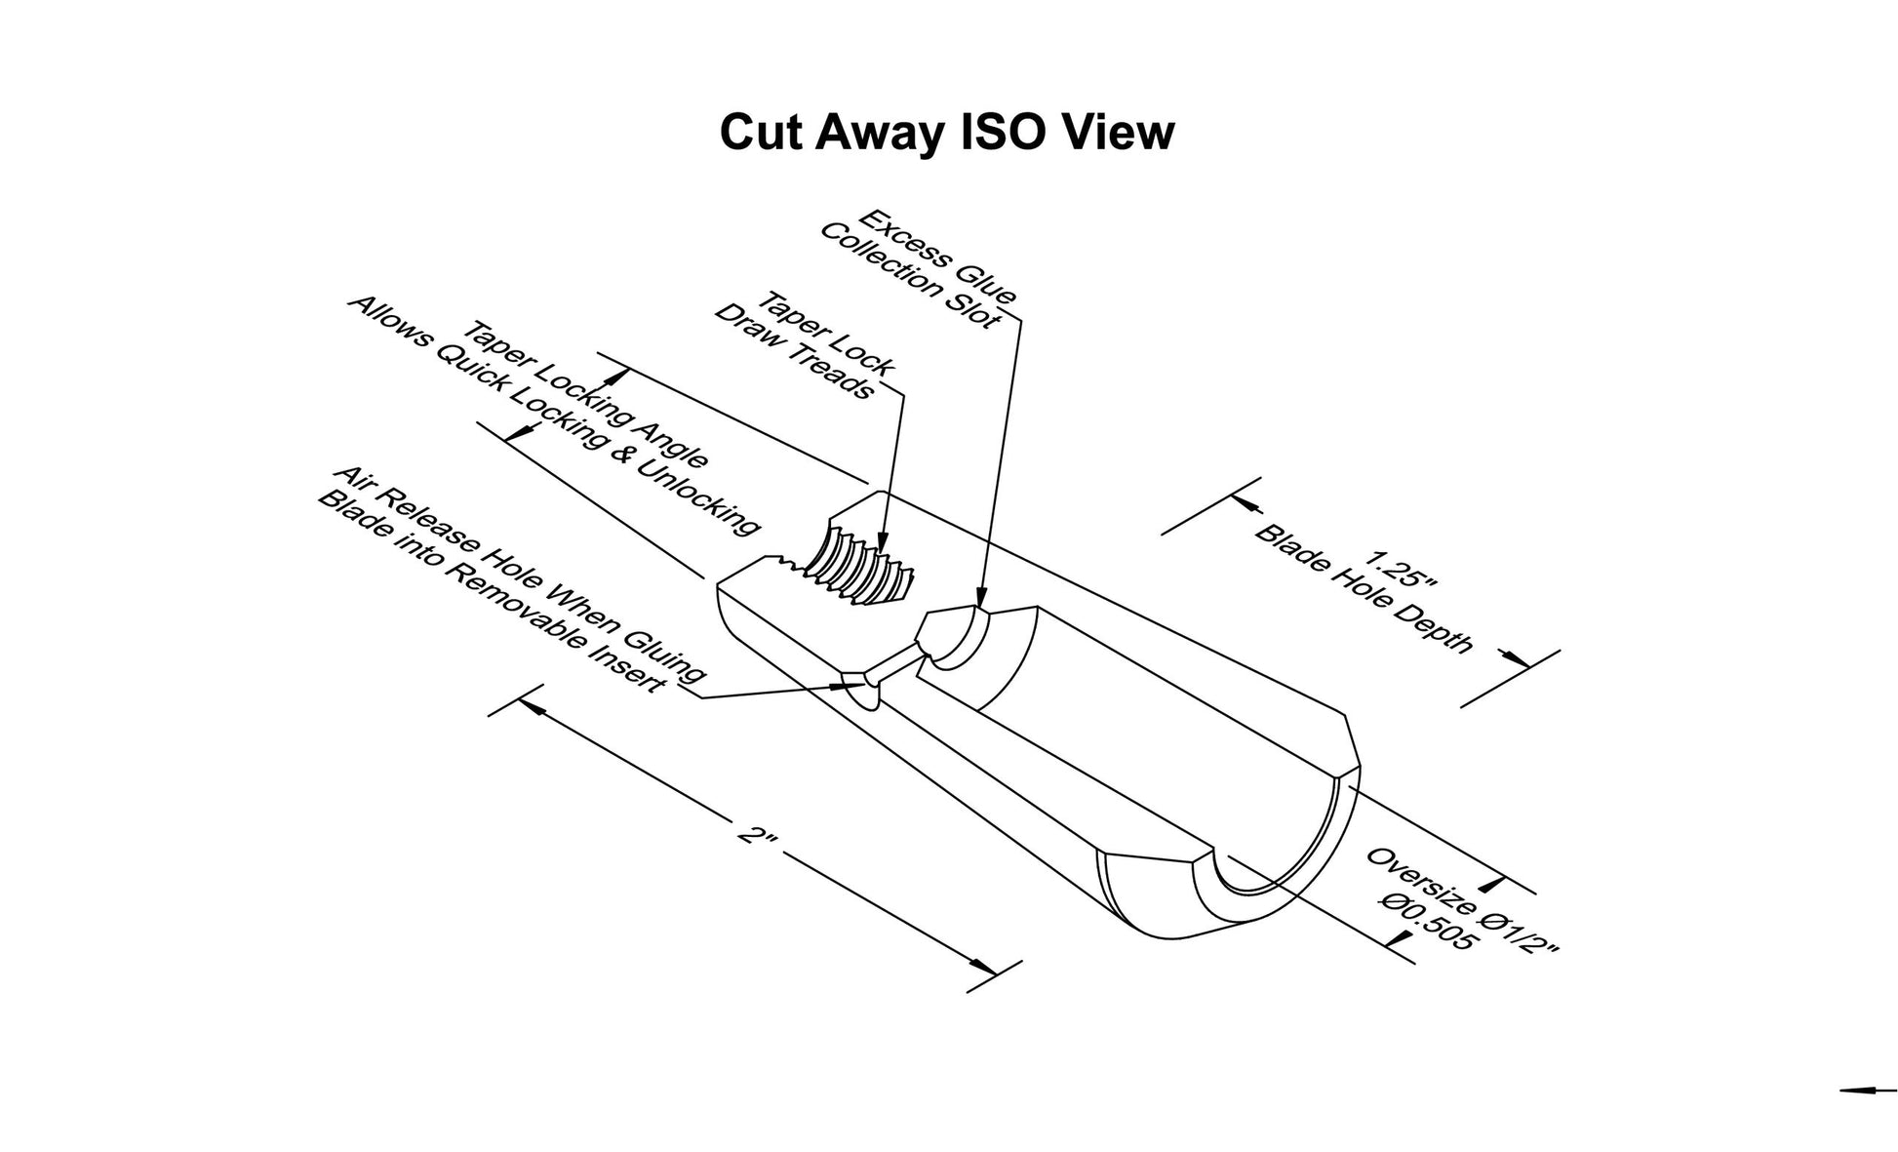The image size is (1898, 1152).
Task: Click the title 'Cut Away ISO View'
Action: click(x=946, y=134)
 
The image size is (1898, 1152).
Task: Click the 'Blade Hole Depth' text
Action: click(x=1364, y=588)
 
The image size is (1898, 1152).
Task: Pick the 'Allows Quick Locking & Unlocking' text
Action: click(x=553, y=415)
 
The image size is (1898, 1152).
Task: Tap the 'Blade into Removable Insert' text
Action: click(x=492, y=591)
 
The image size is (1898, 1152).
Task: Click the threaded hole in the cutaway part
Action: click(x=863, y=567)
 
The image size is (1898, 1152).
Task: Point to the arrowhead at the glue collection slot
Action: click(x=981, y=596)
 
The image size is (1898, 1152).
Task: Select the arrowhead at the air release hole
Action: click(x=844, y=685)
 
